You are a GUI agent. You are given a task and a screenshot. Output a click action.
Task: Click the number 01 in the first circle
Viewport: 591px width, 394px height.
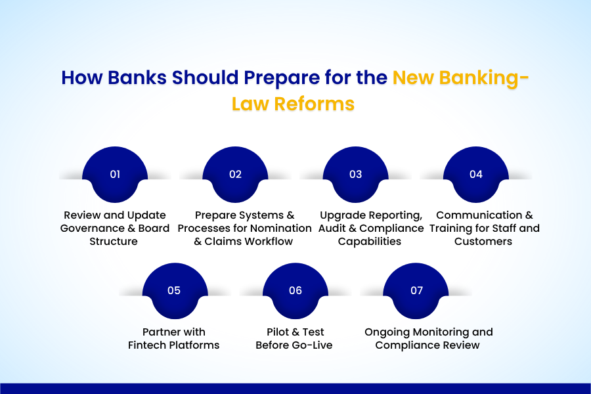115,174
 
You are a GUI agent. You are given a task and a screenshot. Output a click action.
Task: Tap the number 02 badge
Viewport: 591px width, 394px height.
235,174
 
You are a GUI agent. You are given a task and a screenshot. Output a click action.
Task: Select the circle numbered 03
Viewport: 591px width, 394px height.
355,174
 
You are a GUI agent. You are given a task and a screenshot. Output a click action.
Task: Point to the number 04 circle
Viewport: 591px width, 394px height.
476,174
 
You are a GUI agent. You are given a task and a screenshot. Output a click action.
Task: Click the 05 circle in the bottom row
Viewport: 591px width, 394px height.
174,290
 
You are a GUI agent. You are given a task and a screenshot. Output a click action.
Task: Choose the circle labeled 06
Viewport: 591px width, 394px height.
295,290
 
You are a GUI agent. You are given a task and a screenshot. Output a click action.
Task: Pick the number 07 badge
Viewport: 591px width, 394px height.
416,290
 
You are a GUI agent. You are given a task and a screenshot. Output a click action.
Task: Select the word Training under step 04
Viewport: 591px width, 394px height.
455,229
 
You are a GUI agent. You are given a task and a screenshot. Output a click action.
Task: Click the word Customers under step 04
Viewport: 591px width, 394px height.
485,242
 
